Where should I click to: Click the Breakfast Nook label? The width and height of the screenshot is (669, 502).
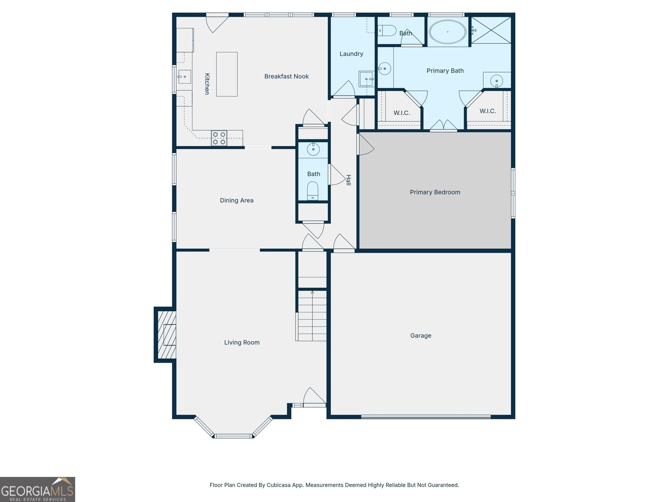286,76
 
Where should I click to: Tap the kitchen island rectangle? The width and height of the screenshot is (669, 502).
227,74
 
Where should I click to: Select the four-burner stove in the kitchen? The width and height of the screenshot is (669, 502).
219,138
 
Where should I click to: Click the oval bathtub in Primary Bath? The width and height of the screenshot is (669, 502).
447,32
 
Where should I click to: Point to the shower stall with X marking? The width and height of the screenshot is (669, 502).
491,30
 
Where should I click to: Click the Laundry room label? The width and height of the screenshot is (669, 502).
351,54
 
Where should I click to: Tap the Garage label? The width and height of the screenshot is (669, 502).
421,336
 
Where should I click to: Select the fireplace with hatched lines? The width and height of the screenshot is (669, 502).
166,335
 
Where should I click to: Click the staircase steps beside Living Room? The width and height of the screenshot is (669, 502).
312,316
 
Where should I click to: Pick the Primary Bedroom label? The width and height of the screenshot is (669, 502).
435,192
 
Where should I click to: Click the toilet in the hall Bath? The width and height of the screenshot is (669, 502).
313,191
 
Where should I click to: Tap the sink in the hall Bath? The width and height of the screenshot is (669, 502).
313,149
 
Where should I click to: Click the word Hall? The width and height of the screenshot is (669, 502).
348,180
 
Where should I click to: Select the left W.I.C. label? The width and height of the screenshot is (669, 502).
401,113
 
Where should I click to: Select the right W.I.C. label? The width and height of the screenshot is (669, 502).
488,111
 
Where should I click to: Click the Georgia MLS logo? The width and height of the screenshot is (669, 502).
37,489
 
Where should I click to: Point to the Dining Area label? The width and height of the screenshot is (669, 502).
237,200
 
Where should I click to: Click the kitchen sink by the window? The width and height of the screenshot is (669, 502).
184,77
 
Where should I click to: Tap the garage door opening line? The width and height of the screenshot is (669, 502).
426,417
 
